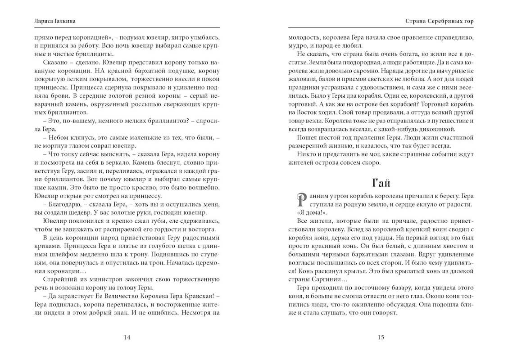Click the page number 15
tap(381, 338)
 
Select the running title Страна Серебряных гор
tap(433, 21)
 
